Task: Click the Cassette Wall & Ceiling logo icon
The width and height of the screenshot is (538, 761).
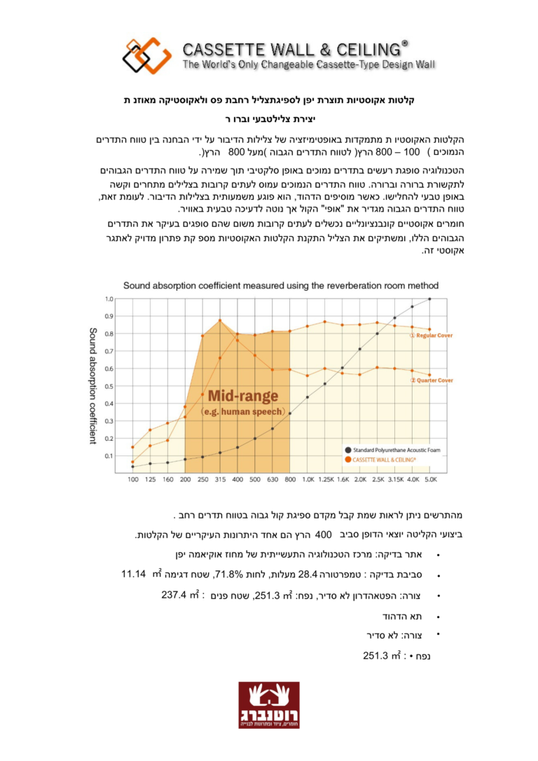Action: pos(146,55)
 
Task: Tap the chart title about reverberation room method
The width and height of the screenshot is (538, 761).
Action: pos(281,286)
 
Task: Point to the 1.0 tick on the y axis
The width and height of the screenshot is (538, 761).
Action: pos(109,299)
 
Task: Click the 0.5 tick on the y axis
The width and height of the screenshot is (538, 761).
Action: pos(109,386)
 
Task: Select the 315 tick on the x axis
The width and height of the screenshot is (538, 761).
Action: pos(220,479)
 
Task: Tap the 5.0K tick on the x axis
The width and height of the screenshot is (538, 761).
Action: pos(430,479)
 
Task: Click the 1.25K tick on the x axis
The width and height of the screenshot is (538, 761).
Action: pos(325,479)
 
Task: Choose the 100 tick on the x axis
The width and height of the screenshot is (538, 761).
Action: pos(132,479)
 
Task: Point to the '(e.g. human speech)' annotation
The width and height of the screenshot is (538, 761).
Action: pos(242,411)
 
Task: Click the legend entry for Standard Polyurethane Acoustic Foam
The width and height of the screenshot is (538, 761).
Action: pos(395,449)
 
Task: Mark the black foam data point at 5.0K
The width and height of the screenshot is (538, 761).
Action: pos(429,299)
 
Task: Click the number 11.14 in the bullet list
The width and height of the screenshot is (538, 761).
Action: pos(133,575)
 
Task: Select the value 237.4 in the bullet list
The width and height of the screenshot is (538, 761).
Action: pos(177,596)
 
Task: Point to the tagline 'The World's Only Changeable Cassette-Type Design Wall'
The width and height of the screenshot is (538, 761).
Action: pos(308,64)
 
